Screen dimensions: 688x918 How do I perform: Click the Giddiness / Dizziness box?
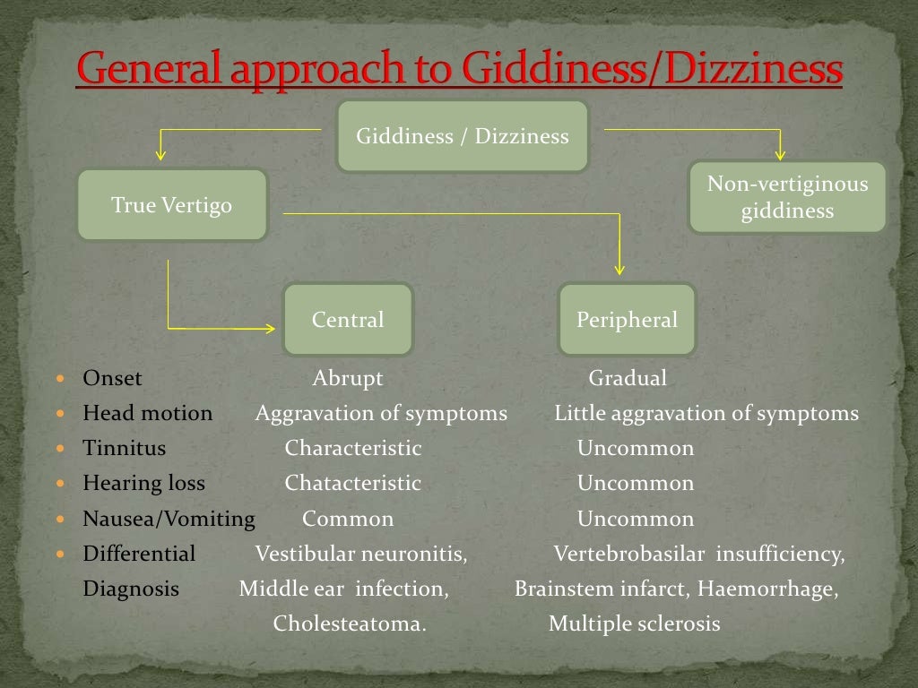[463, 136]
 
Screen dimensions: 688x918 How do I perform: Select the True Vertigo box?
[172, 205]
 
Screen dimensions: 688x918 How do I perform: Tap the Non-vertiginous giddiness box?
[787, 197]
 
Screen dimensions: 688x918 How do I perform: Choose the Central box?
[348, 320]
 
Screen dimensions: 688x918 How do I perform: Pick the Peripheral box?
[627, 320]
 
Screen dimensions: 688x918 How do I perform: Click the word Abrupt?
[348, 378]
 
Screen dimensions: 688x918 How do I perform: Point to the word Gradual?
[628, 378]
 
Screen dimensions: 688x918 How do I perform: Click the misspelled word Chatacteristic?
[352, 484]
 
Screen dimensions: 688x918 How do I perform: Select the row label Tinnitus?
[124, 448]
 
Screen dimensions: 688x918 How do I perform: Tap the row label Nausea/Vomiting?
[169, 519]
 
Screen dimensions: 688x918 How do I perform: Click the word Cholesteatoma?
[350, 623]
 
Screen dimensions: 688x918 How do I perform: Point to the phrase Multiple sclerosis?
[634, 623]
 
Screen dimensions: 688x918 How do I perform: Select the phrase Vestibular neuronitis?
[360, 554]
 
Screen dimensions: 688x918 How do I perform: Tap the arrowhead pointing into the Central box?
[270, 329]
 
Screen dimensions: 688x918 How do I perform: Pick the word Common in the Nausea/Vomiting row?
[348, 519]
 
